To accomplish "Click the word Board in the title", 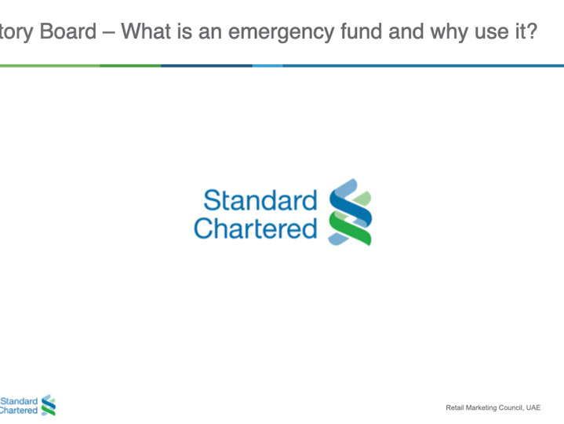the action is (x=68, y=31).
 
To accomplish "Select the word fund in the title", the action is (x=362, y=31).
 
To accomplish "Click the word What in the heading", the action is (x=146, y=31).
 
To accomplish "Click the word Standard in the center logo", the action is (x=260, y=199).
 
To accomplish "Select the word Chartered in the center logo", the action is (x=256, y=228).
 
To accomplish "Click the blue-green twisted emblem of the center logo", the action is (x=350, y=212).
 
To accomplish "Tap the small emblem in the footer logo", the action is (x=49, y=405).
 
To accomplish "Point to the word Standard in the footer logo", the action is (x=19, y=401).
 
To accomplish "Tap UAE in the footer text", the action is (x=533, y=408).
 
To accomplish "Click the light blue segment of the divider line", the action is (x=267, y=66).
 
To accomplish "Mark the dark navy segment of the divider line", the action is (x=206, y=66).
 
